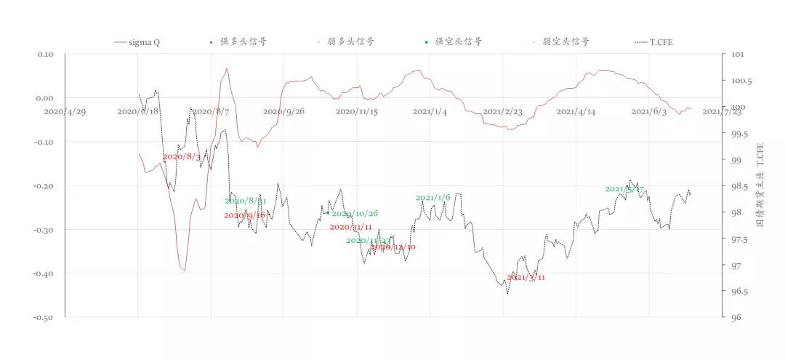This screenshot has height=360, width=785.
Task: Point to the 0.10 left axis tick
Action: (45, 55)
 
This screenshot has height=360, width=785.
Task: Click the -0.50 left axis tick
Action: (44, 318)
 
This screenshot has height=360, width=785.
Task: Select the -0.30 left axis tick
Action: (44, 230)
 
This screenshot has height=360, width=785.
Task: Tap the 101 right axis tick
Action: (736, 55)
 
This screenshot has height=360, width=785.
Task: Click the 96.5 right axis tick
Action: (738, 292)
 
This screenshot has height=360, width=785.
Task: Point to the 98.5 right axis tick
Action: (738, 186)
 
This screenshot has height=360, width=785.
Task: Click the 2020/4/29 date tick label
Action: (65, 111)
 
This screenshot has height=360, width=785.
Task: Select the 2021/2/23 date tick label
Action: (503, 111)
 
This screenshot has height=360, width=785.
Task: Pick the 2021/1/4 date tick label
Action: (430, 111)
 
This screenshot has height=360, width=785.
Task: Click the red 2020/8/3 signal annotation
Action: (182, 156)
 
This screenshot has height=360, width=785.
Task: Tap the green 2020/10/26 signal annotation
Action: (355, 214)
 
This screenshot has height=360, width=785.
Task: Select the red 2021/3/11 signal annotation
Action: (526, 277)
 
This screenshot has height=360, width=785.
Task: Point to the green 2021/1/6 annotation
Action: (433, 198)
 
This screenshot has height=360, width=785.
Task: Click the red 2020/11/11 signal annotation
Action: (351, 227)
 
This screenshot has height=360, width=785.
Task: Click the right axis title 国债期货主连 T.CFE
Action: (760, 185)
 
